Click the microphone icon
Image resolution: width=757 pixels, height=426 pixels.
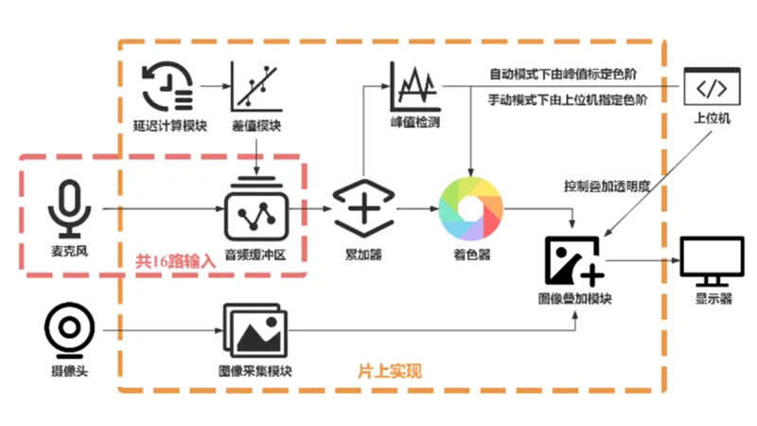[x=69, y=207]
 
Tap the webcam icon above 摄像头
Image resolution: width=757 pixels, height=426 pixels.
[x=69, y=329]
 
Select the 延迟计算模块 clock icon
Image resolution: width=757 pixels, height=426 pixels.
[x=167, y=86]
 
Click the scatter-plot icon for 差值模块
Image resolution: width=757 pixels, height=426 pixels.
[x=255, y=86]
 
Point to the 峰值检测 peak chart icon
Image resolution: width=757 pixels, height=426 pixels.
[x=414, y=86]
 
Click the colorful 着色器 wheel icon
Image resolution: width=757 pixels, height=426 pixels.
[x=470, y=208]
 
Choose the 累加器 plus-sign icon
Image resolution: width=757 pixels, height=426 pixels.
[x=363, y=208]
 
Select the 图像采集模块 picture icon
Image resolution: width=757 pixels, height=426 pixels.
[x=255, y=329]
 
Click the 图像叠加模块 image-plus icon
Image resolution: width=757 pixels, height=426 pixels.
[x=574, y=261]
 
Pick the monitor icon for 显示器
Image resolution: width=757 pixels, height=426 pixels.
[x=713, y=261]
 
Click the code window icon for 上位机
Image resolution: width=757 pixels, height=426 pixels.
[x=713, y=86]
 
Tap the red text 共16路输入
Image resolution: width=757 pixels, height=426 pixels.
[x=175, y=261]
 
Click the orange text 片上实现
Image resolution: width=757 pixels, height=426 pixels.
[x=390, y=371]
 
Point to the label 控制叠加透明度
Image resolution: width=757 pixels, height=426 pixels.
[x=607, y=186]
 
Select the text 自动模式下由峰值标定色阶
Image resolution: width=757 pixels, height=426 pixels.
[x=563, y=74]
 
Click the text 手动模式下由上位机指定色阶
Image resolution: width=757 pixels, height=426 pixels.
[x=568, y=100]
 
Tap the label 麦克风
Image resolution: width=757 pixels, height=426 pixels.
[x=69, y=251]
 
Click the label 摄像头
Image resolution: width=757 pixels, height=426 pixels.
[x=69, y=371]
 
